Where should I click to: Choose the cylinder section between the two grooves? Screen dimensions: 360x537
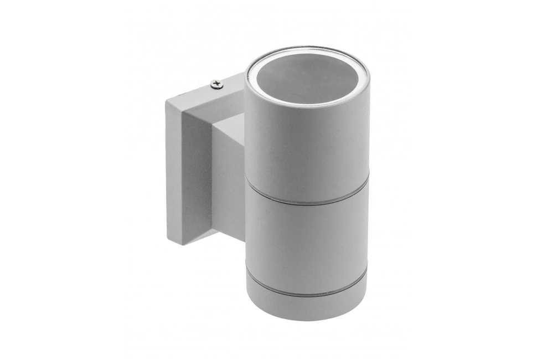coord(307,244)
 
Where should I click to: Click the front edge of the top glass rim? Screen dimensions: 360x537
coord(307,105)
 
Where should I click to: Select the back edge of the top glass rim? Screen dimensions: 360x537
coord(308,49)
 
